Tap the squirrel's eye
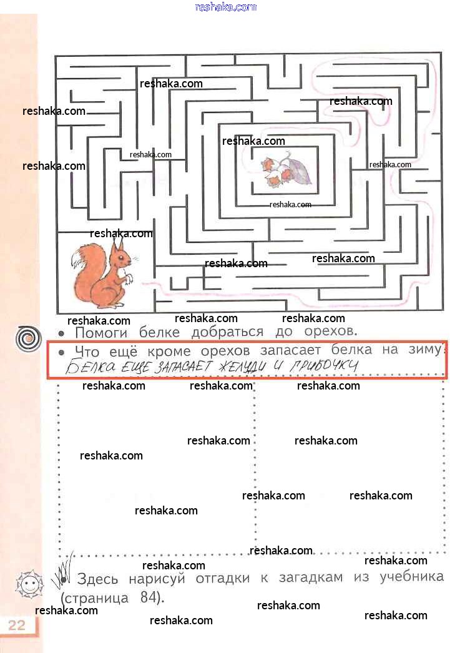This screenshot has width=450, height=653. tap(120, 257)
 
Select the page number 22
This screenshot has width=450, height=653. tap(17, 625)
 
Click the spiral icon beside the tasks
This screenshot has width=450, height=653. tap(28, 338)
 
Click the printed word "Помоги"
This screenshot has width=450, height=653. tap(101, 333)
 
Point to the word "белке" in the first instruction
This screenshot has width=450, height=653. tap(159, 332)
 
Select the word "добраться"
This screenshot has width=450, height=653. tap(227, 332)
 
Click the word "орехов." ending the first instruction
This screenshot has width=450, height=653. tap(331, 331)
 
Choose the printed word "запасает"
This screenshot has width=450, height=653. tap(291, 350)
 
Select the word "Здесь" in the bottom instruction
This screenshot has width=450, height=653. tap(97, 579)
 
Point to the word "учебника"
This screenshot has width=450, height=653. tap(412, 577)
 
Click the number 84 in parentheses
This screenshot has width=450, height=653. tap(148, 597)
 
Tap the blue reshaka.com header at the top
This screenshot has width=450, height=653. tap(226, 7)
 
